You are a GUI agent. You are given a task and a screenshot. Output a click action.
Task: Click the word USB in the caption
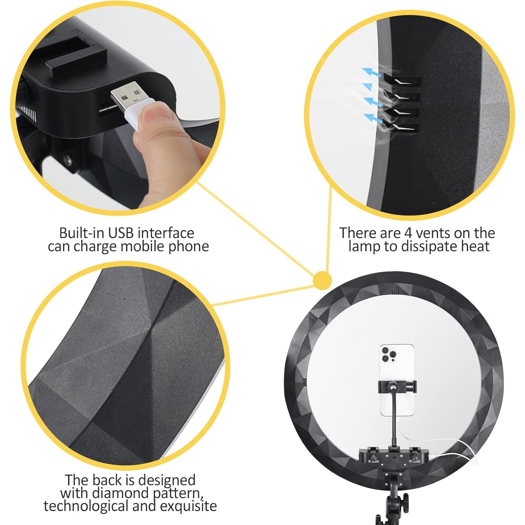coord(120,233)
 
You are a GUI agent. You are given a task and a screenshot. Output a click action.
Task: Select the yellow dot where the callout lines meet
coord(322,281)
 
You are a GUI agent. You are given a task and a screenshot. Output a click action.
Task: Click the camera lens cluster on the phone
coord(389,354)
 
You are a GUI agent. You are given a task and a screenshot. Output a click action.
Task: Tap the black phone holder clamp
coord(398,386)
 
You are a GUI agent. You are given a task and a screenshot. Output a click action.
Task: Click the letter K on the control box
coord(370,462)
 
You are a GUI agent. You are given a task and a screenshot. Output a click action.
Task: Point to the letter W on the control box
coord(410,462)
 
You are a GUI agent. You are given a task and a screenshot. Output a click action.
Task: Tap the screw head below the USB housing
coord(67,160)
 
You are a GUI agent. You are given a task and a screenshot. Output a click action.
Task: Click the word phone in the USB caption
coord(189,247)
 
